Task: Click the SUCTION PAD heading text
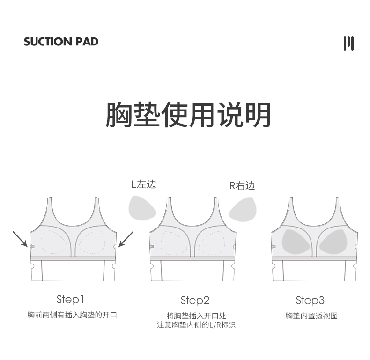(x=61, y=42)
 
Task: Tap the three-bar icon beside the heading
(x=348, y=43)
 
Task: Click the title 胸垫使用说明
(x=188, y=114)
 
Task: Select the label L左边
(x=144, y=184)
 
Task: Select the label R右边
(x=242, y=185)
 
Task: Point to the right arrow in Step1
(x=126, y=239)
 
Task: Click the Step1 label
(x=70, y=299)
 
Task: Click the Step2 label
(x=195, y=300)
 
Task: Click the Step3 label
(x=310, y=300)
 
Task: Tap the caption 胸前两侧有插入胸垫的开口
(x=72, y=315)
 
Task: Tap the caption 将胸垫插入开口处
(x=196, y=316)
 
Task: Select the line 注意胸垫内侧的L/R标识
(x=196, y=325)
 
